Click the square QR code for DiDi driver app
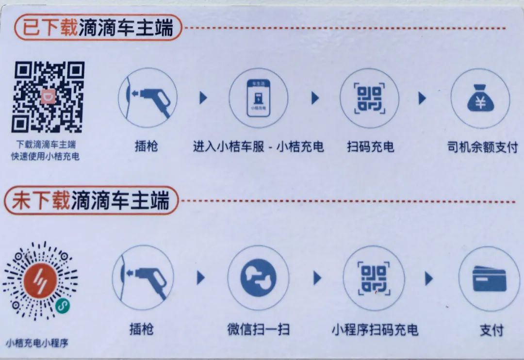[48, 97]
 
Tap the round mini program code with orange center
[40, 280]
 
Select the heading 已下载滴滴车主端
[98, 27]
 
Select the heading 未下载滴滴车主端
[91, 200]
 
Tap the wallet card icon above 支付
[489, 278]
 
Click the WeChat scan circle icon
[258, 278]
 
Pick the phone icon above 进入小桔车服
[258, 98]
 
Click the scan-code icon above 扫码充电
[369, 98]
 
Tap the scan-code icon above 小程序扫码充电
[374, 278]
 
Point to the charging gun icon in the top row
[147, 98]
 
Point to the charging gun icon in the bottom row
[143, 278]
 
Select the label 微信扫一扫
[258, 329]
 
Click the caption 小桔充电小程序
[37, 343]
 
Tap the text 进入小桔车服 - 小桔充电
[258, 147]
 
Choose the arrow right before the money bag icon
[423, 98]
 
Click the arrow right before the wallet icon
[429, 278]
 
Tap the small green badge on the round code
[63, 305]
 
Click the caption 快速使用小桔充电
[45, 156]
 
